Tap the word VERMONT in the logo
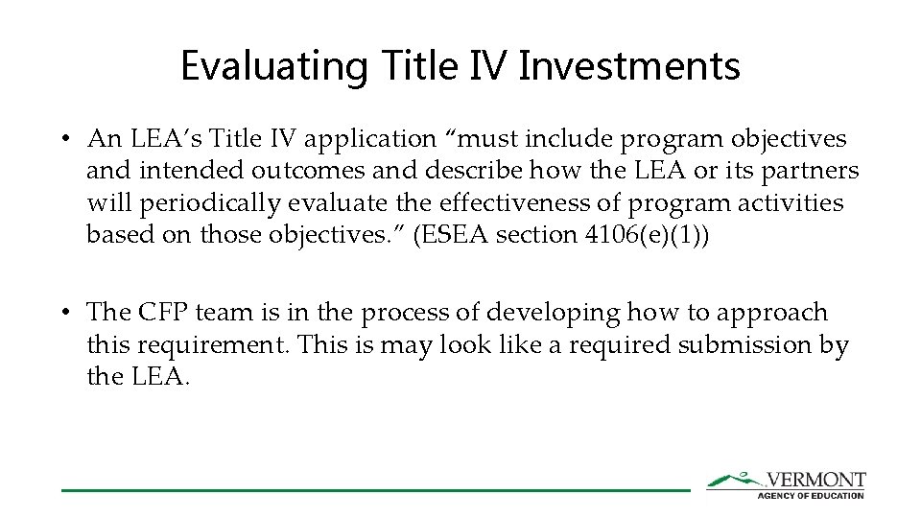(x=815, y=480)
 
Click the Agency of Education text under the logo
(x=811, y=495)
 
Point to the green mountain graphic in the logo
(x=735, y=479)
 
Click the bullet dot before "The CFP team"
(x=63, y=312)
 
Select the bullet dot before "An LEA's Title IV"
(x=63, y=139)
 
